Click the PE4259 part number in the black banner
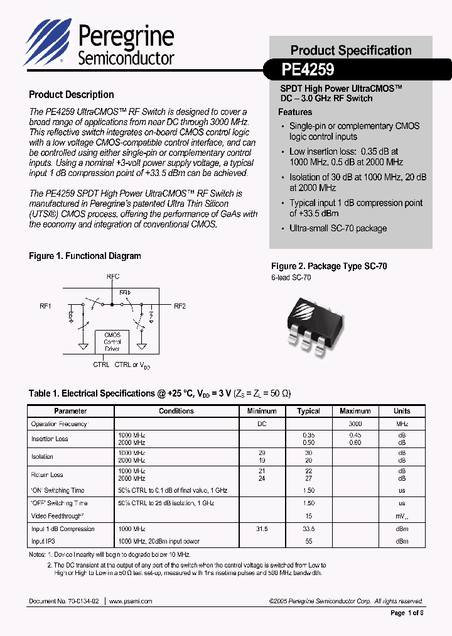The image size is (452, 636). pyautogui.click(x=308, y=69)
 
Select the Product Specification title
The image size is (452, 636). pyautogui.click(x=351, y=50)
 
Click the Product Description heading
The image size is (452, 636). pyautogui.click(x=72, y=95)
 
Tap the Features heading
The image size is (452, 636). pyautogui.click(x=295, y=112)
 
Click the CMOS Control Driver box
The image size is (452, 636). pyautogui.click(x=112, y=342)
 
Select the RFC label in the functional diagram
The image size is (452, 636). pyautogui.click(x=112, y=277)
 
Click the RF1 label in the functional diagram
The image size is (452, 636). pyautogui.click(x=45, y=306)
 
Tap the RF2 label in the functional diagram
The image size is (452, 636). pyautogui.click(x=180, y=306)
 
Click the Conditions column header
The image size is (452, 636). pyautogui.click(x=176, y=411)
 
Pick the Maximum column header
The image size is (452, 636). pyautogui.click(x=355, y=411)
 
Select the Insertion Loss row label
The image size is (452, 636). pyautogui.click(x=50, y=439)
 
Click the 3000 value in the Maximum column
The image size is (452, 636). pyautogui.click(x=355, y=424)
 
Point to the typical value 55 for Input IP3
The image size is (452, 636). pyautogui.click(x=308, y=541)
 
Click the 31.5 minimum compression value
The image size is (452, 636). pyautogui.click(x=262, y=529)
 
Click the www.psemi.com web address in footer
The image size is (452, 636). pyautogui.click(x=131, y=601)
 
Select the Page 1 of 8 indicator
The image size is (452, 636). pyautogui.click(x=407, y=613)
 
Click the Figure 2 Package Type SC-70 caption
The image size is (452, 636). pyautogui.click(x=329, y=266)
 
